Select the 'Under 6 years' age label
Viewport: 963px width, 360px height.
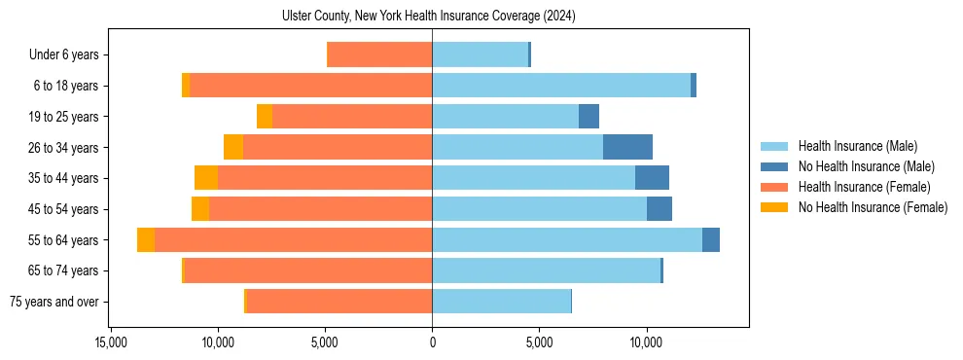tap(69, 55)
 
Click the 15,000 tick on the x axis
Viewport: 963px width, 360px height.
tap(111, 342)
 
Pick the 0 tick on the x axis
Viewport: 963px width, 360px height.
tap(432, 342)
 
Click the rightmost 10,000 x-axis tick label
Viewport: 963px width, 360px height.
tap(646, 342)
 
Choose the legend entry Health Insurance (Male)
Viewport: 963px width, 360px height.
tap(857, 147)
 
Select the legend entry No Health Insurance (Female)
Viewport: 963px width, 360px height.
tap(873, 207)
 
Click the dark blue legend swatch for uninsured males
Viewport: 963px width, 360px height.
tap(774, 167)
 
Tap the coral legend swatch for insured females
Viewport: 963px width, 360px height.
tap(774, 187)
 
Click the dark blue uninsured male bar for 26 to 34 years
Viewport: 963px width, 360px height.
tap(627, 147)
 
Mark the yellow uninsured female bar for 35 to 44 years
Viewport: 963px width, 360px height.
tap(206, 178)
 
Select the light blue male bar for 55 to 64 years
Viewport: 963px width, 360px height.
tap(567, 240)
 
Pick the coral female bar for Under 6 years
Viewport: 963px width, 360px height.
tap(380, 55)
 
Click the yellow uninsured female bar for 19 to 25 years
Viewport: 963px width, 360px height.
tap(265, 117)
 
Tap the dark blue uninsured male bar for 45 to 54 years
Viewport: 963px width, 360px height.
tap(660, 209)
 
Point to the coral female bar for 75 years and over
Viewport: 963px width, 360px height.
tap(339, 302)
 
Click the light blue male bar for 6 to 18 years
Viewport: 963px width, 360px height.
tap(561, 86)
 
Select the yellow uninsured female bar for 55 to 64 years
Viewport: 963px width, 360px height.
tap(146, 240)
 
